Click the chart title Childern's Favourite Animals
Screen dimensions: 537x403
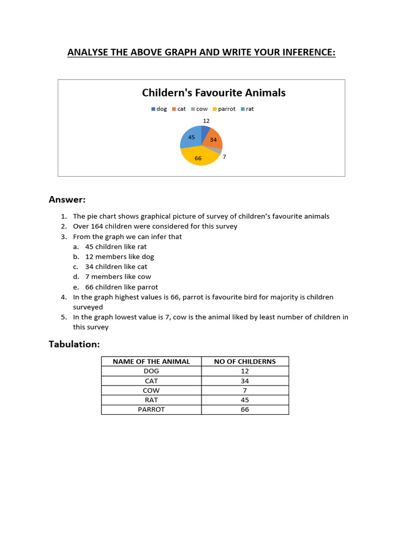[x=214, y=93]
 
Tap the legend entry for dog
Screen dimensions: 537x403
[x=159, y=109]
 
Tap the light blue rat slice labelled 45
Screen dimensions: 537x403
[x=190, y=137]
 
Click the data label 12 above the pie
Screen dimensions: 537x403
[x=206, y=121]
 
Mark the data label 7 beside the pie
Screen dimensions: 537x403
[x=224, y=156]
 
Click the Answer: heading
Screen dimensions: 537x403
[x=67, y=199]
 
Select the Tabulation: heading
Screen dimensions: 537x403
[x=74, y=344]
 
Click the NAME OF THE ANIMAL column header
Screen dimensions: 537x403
[x=151, y=361]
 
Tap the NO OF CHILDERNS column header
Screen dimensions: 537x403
[x=245, y=361]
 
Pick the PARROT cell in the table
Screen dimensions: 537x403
[x=151, y=409]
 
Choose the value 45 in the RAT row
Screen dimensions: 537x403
[x=245, y=400]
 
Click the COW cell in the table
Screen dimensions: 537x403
[x=151, y=390]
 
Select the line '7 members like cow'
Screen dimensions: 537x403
[x=118, y=277]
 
